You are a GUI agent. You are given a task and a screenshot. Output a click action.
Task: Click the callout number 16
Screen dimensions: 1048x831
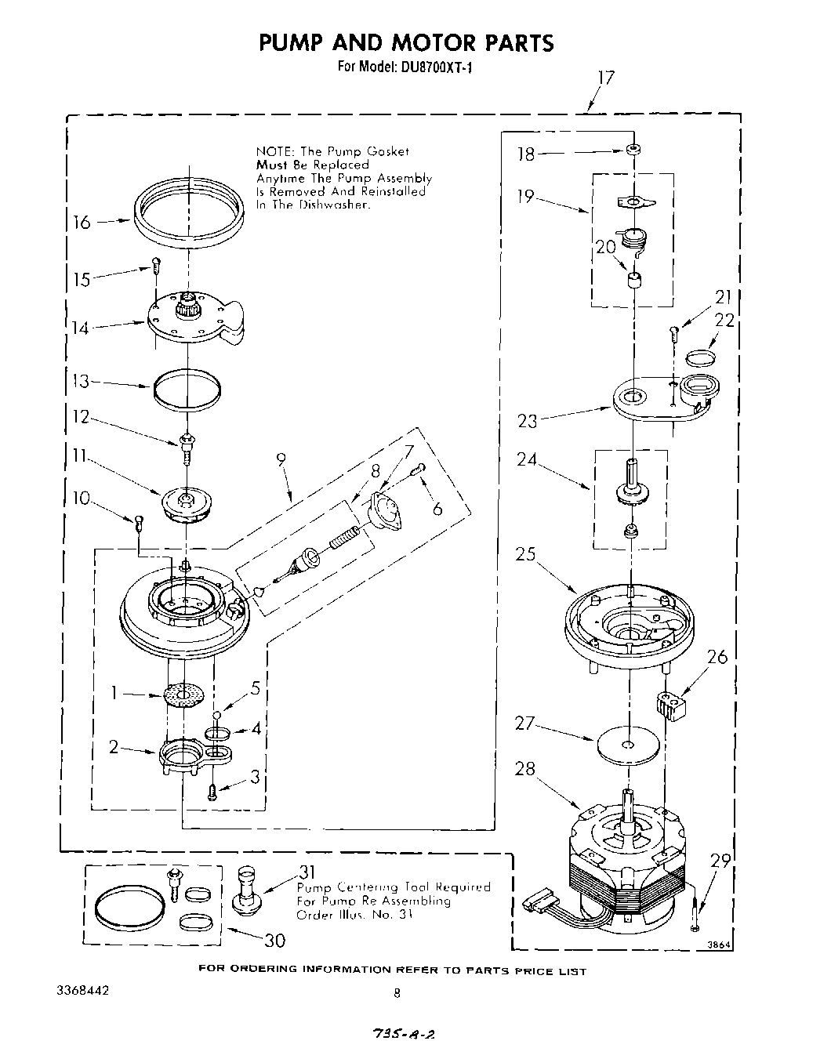(82, 223)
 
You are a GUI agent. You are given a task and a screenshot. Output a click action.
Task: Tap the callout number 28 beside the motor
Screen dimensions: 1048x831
(525, 769)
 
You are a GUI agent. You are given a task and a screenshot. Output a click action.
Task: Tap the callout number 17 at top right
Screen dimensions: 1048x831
(605, 78)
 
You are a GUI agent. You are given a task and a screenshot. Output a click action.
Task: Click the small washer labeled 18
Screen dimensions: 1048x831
(631, 149)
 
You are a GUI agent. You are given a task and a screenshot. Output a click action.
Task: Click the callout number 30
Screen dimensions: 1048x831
(274, 940)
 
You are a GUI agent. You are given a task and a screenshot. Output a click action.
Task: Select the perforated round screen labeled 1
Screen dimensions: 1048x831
(184, 694)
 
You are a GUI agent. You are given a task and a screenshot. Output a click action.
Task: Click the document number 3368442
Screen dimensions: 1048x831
(83, 990)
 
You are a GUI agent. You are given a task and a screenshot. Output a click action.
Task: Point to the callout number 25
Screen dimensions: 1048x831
(525, 555)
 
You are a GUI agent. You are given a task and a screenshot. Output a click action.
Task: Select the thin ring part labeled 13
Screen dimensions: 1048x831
(187, 390)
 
